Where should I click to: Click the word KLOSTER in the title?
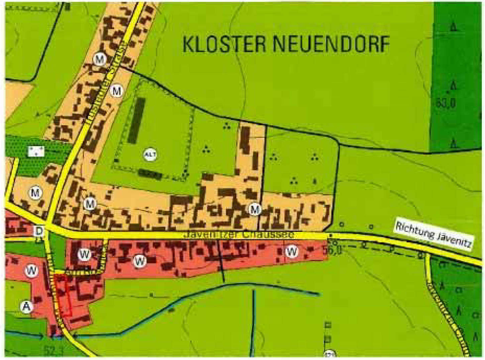point(225,44)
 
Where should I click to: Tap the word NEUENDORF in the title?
point(331,44)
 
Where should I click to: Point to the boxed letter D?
point(39,231)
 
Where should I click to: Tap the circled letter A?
point(26,306)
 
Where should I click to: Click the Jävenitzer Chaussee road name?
point(239,235)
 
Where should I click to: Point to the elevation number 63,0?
point(445,103)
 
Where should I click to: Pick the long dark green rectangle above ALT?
point(137,120)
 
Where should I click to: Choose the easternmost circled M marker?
point(255,209)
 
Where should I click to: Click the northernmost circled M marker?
point(100,59)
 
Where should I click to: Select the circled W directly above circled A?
point(31,270)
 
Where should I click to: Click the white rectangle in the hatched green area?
point(36,151)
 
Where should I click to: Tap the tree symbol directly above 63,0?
point(453,86)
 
